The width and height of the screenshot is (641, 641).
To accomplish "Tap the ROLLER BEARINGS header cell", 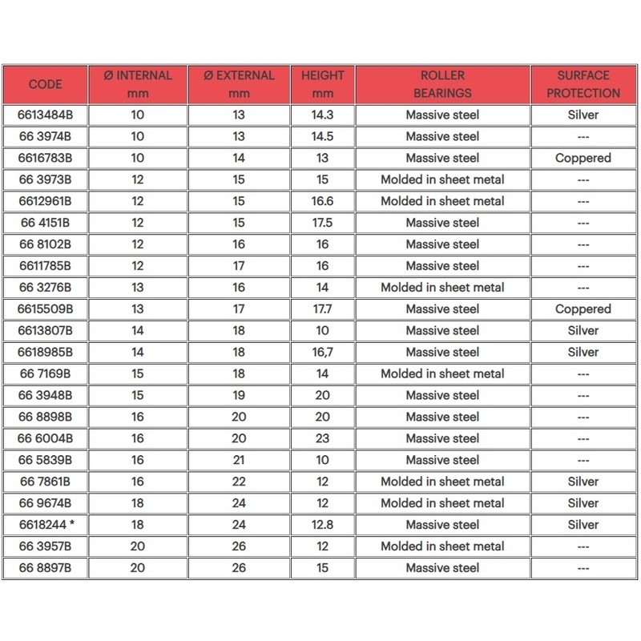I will click(443, 84).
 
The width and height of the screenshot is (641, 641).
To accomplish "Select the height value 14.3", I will click(322, 115).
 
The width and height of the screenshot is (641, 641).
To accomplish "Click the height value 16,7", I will click(322, 352).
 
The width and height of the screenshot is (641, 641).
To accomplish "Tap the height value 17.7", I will click(322, 308).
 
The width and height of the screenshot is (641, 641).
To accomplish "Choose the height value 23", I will click(322, 438).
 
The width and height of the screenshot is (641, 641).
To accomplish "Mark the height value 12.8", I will click(322, 525).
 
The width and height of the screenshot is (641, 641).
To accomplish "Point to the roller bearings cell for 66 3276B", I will click(443, 287).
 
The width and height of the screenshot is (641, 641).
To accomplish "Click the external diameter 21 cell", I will click(238, 460).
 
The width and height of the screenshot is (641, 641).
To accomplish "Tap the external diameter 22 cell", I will click(238, 482).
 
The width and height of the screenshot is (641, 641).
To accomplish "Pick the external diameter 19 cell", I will click(238, 395).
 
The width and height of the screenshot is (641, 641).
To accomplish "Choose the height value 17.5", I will click(322, 223).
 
